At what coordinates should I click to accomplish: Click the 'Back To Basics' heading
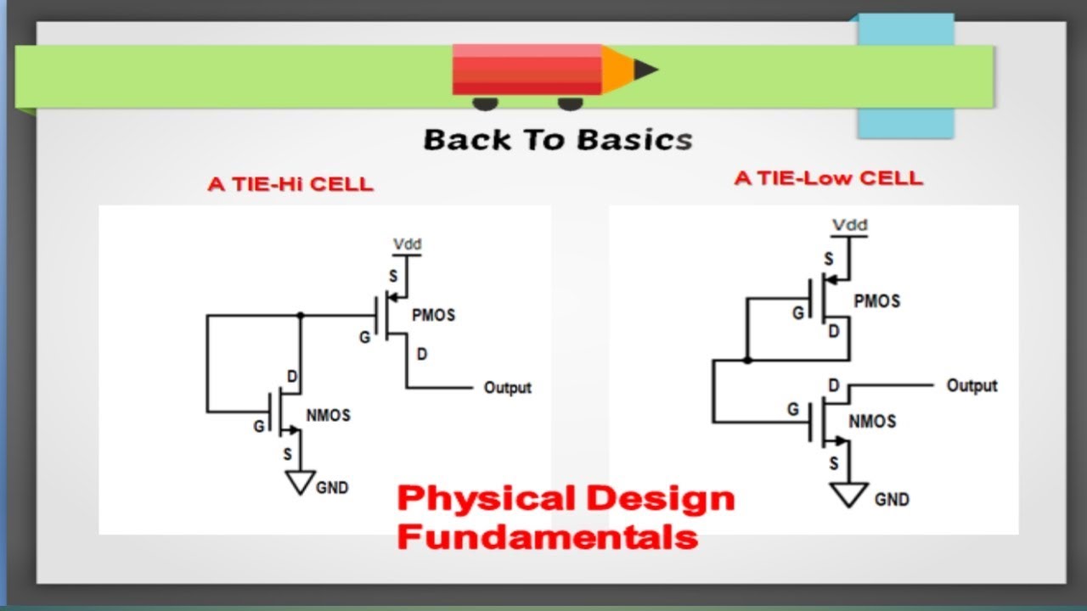(x=558, y=140)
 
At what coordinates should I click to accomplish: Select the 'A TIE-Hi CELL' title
(x=290, y=184)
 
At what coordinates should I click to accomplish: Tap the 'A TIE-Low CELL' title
(x=828, y=178)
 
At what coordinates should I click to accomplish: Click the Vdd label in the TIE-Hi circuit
(x=407, y=244)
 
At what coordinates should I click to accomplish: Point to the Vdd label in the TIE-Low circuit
(x=849, y=225)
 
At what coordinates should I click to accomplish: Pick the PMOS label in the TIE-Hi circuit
(x=433, y=315)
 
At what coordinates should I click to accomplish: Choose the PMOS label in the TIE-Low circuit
(x=876, y=301)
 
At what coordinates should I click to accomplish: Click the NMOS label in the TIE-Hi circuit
(x=328, y=416)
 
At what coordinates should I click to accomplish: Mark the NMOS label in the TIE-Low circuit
(x=872, y=421)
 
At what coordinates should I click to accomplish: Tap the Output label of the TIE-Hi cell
(x=507, y=388)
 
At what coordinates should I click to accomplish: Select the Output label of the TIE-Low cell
(x=972, y=385)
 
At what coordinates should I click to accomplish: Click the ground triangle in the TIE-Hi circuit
(x=300, y=481)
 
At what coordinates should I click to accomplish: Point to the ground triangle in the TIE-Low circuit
(x=848, y=494)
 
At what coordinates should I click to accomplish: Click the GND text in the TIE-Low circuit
(x=891, y=500)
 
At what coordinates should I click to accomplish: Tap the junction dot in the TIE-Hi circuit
(x=300, y=315)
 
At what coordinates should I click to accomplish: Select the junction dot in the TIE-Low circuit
(x=746, y=360)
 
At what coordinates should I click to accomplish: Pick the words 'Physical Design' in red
(x=565, y=498)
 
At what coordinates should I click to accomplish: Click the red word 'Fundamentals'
(x=547, y=536)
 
